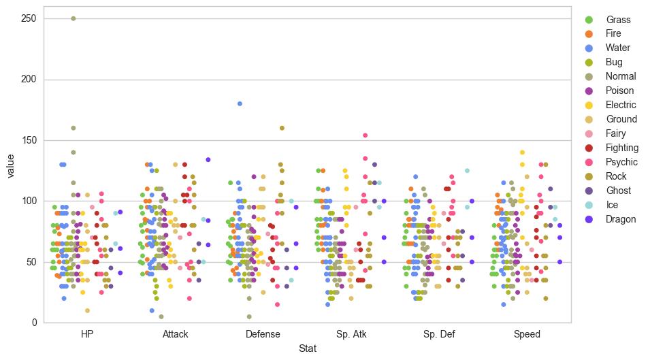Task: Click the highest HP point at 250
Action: coord(74,18)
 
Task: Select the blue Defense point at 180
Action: coord(240,103)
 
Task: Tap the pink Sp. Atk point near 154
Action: coord(365,135)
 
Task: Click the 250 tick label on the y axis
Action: coord(29,18)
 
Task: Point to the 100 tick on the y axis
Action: coord(29,201)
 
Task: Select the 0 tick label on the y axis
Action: coord(34,323)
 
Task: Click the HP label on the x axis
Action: coord(87,334)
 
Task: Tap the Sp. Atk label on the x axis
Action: coord(351,334)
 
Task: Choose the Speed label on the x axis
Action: coord(527,334)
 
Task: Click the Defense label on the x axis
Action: coord(263,334)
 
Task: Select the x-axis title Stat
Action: coord(307,348)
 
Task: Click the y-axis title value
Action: coord(11,165)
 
